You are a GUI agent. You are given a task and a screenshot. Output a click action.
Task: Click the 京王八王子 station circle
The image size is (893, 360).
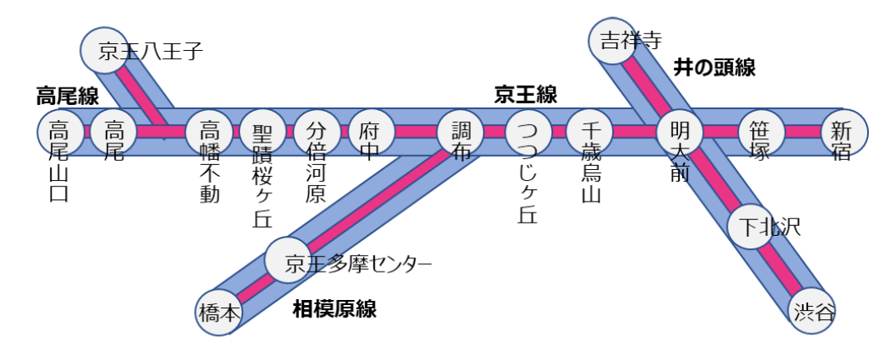click(105, 51)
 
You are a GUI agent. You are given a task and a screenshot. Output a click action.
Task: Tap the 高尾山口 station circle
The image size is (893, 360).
click(61, 132)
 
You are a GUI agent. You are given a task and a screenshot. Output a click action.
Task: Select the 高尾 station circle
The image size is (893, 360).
click(113, 132)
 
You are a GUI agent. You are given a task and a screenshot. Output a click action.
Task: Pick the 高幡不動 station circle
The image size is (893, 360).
click(209, 132)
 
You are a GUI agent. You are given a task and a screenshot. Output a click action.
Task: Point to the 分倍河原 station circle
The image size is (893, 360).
click(317, 132)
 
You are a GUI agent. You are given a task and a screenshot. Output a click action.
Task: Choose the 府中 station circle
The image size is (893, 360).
click(370, 132)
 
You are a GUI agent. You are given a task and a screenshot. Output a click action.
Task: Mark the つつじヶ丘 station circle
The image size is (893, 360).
click(528, 132)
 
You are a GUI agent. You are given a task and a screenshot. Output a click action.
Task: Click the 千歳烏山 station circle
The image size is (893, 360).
click(590, 132)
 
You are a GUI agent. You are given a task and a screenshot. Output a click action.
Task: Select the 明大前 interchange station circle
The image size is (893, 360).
click(680, 132)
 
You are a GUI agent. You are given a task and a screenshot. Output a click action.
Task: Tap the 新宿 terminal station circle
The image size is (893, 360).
click(844, 132)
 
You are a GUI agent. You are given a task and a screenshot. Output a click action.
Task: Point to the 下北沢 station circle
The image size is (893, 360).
click(751, 227)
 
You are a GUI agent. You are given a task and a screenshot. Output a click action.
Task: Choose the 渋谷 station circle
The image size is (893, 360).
click(811, 312)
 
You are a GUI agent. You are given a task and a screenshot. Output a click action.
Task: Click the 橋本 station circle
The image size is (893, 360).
click(220, 312)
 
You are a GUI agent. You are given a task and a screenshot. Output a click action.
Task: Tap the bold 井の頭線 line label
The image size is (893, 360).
click(714, 68)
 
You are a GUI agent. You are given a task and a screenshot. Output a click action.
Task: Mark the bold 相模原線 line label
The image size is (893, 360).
click(334, 310)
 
